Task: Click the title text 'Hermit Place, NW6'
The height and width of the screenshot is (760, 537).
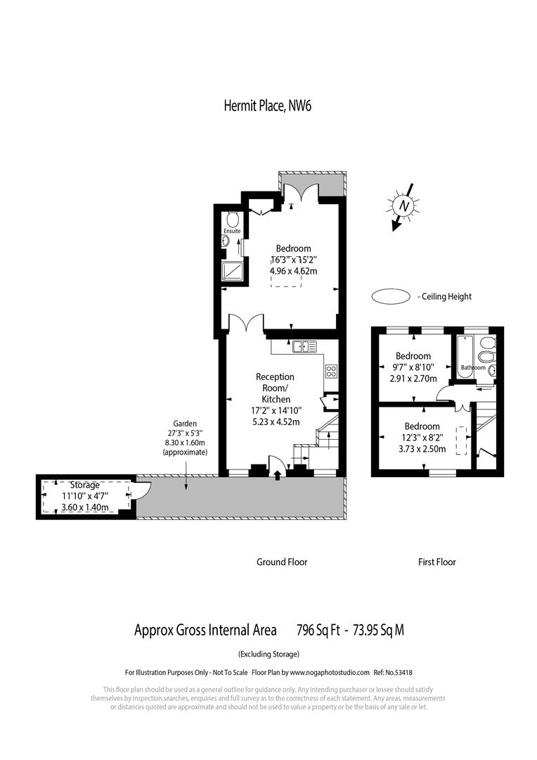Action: click(x=267, y=106)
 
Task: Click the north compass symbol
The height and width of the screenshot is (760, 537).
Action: click(x=403, y=205)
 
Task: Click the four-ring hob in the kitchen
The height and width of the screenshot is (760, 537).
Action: click(x=331, y=372)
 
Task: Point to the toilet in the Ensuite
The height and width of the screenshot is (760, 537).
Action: click(x=233, y=218)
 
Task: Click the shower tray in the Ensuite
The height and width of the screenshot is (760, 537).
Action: click(x=233, y=270)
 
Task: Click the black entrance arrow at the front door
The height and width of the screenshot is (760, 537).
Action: click(x=277, y=476)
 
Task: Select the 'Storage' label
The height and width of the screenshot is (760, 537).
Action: click(x=84, y=486)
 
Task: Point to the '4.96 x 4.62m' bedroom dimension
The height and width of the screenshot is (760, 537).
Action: click(x=293, y=271)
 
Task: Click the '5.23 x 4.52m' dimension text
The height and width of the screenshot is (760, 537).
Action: click(x=276, y=422)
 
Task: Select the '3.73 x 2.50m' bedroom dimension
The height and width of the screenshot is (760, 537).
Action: click(x=422, y=448)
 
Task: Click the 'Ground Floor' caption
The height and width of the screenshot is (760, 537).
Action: click(x=281, y=562)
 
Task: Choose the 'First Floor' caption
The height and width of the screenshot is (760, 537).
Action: click(x=436, y=562)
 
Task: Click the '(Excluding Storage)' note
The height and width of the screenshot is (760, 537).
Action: click(x=268, y=653)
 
